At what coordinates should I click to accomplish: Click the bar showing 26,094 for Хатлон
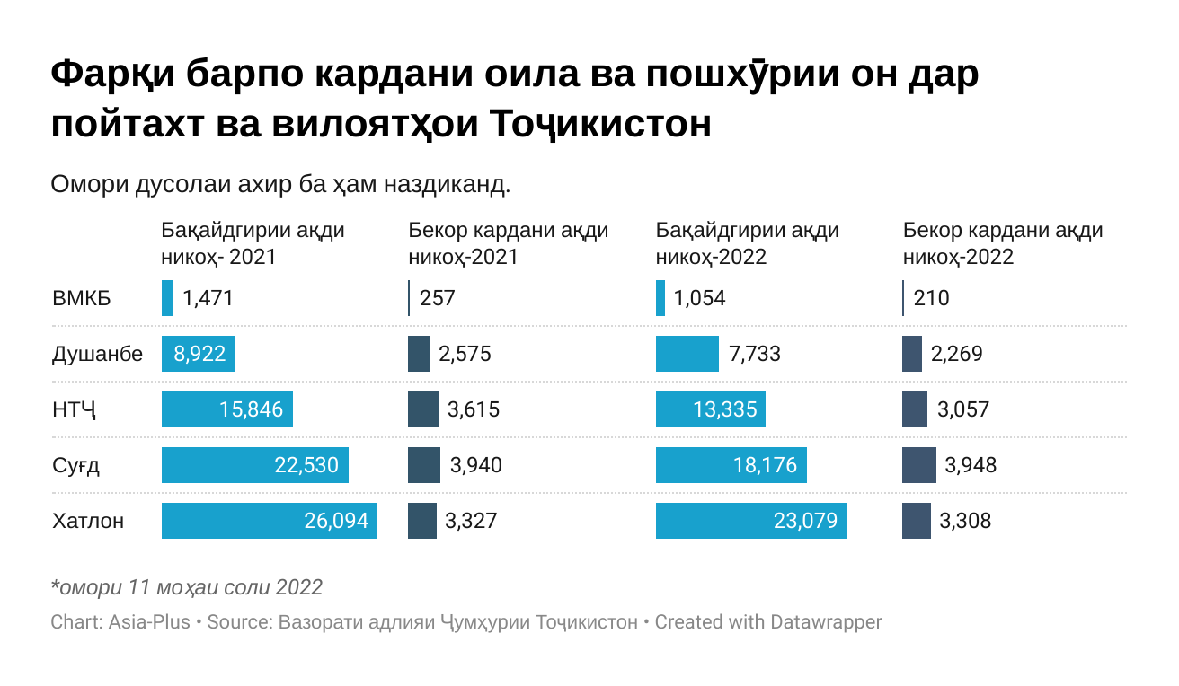269,521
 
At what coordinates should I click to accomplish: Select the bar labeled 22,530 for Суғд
254,465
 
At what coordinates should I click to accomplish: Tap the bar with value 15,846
226,409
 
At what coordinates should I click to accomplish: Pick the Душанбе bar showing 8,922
198,354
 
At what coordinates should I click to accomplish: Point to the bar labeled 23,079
750,521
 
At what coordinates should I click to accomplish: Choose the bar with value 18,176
731,465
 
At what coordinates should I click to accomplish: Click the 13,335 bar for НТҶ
710,409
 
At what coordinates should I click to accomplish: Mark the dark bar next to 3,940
424,465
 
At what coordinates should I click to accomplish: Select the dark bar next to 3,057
915,409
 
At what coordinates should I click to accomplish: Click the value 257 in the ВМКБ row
438,298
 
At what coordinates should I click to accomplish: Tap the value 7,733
755,354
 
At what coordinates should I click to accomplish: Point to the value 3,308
965,521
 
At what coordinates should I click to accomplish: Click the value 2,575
465,354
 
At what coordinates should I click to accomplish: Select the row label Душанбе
97,354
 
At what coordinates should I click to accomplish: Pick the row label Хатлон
88,521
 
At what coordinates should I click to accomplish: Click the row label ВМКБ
82,298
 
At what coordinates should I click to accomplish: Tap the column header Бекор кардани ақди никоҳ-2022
1003,243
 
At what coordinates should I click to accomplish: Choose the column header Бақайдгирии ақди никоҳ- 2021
253,243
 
